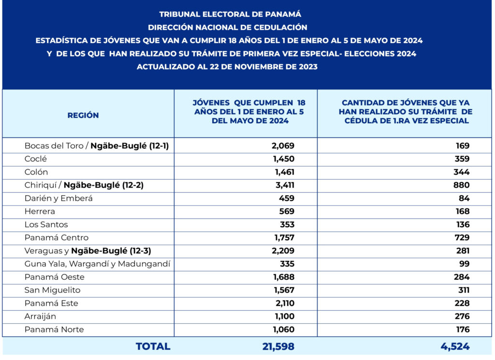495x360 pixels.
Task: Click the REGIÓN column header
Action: point(83,115)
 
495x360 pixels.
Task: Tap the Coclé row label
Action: point(36,159)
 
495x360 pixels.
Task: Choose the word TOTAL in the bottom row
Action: point(153,346)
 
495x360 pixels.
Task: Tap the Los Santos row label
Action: point(46,225)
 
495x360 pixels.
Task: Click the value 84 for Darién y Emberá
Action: point(464,198)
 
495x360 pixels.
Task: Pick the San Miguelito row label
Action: point(53,290)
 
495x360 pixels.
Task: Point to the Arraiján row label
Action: point(40,317)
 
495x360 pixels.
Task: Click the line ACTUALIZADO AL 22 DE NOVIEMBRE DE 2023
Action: point(227,67)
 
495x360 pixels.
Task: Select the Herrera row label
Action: point(40,211)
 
